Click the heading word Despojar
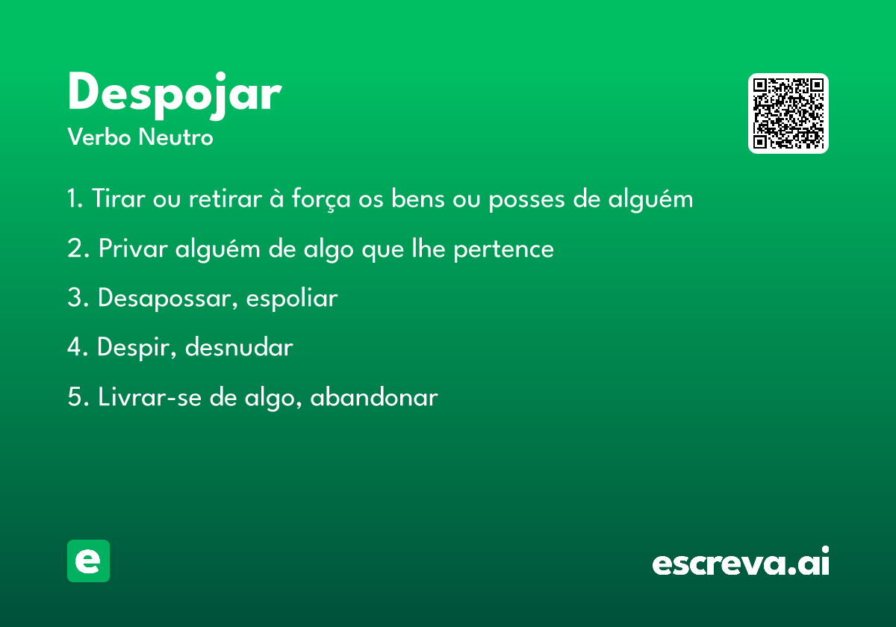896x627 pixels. [175, 96]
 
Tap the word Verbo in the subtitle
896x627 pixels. [99, 137]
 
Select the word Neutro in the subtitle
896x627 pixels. [175, 137]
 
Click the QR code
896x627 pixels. [788, 113]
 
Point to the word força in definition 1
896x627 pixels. [321, 199]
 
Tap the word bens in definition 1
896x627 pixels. [417, 199]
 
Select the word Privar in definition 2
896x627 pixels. [133, 249]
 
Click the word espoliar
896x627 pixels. [292, 299]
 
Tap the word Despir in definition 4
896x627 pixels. [135, 348]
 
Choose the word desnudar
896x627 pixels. [239, 346]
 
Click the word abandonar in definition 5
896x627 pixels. [374, 397]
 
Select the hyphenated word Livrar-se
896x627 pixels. [149, 396]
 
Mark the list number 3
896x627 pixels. [75, 298]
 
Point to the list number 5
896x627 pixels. [75, 396]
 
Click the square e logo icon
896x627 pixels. [88, 561]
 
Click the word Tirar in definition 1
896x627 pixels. [119, 198]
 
